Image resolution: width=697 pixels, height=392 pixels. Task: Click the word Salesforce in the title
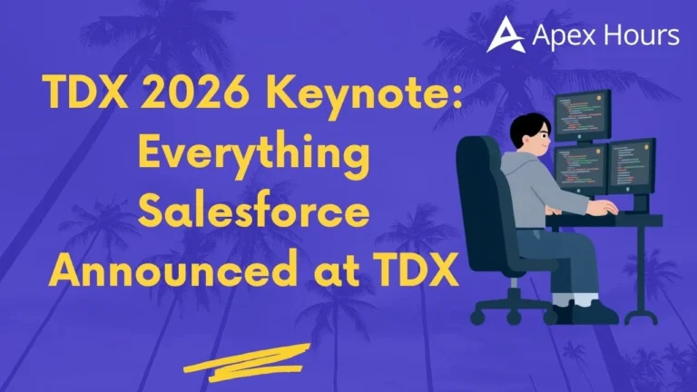[x=253, y=217]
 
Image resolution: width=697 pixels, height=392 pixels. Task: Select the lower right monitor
[x=631, y=166]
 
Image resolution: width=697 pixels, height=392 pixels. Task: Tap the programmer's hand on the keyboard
[x=604, y=208]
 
